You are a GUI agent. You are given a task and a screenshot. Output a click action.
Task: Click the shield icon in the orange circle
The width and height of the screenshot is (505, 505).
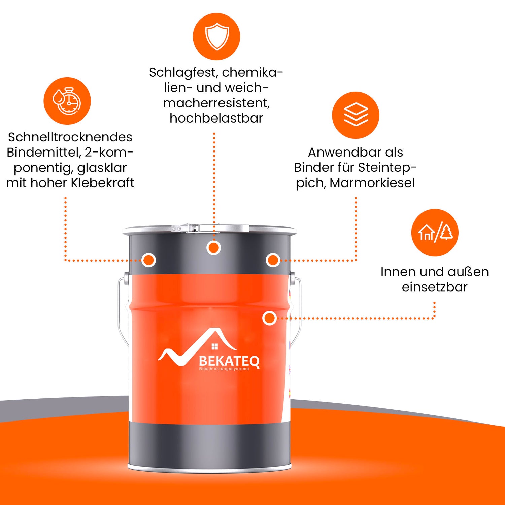(x=216, y=36)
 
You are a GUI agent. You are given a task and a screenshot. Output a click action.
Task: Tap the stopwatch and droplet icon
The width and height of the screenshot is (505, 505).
(x=67, y=101)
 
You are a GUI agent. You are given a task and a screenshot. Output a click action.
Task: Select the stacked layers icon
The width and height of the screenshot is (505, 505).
(x=356, y=115)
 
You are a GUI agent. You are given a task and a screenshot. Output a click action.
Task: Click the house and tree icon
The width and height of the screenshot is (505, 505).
(x=435, y=232)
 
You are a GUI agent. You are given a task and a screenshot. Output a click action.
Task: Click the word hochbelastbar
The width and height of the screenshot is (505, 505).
(x=216, y=118)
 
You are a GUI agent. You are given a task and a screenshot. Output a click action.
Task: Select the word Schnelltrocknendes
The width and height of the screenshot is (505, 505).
(x=70, y=137)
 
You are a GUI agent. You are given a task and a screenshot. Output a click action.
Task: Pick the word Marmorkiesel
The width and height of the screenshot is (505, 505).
(x=372, y=183)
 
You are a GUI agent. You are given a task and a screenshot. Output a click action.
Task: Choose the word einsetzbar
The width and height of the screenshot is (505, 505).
(x=434, y=287)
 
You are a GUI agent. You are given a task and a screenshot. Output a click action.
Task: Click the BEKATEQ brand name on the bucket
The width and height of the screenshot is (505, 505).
(x=229, y=361)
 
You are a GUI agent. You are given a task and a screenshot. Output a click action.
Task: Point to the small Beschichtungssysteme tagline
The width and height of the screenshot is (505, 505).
(x=224, y=369)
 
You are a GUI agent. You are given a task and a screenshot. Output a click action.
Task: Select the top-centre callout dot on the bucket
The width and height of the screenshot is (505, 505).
(x=213, y=248)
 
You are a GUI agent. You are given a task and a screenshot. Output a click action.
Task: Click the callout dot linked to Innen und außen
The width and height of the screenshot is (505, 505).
(x=269, y=318)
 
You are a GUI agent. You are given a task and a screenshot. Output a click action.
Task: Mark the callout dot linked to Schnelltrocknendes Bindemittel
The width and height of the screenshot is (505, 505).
(x=148, y=260)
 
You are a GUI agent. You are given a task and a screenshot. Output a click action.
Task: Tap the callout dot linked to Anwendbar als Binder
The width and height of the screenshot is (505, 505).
(x=273, y=260)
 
